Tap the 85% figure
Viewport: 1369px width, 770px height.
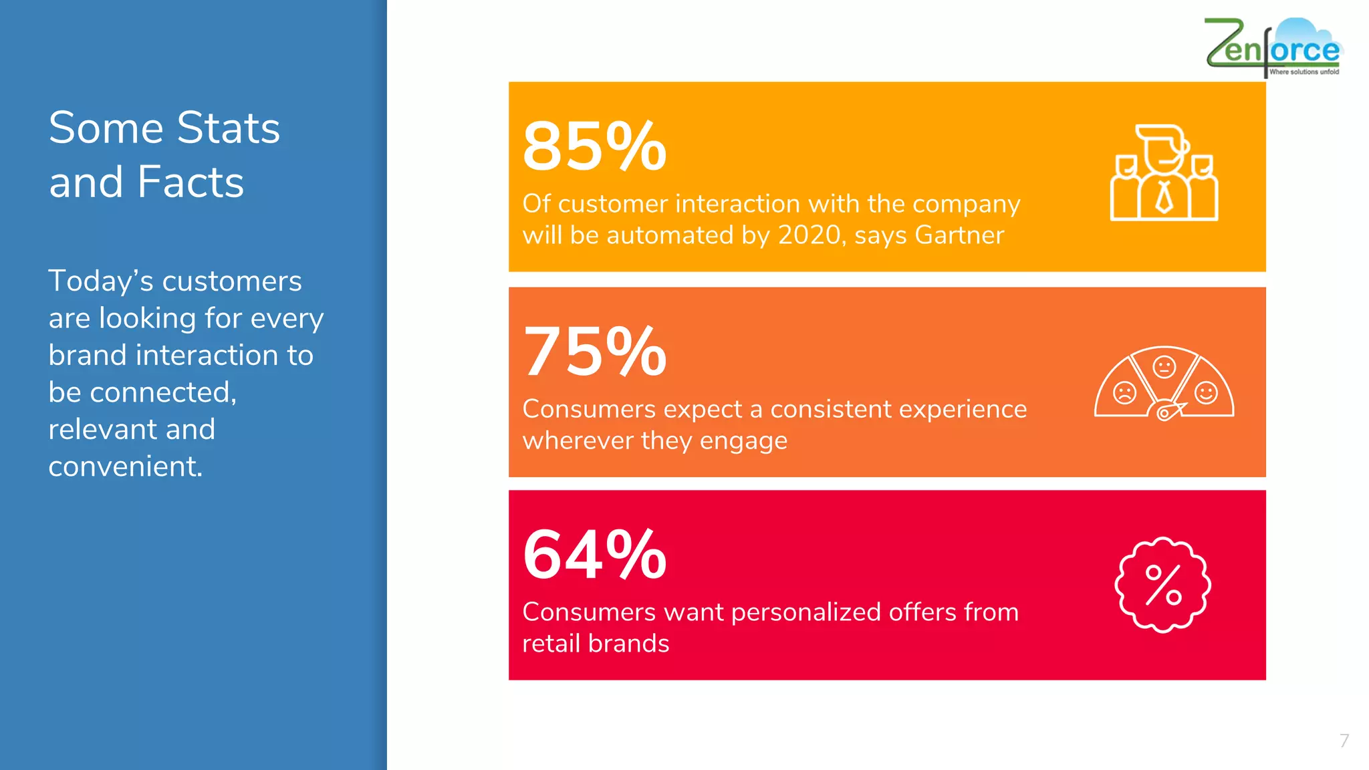(x=594, y=146)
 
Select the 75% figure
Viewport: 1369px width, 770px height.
(x=594, y=352)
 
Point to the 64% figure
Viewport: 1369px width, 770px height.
(x=594, y=555)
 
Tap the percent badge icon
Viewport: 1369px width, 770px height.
(x=1163, y=585)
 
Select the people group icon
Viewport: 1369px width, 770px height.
(x=1164, y=173)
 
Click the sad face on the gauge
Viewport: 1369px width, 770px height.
(x=1124, y=392)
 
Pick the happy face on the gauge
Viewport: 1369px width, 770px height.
(x=1206, y=392)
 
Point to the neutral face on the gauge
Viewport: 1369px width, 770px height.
(x=1164, y=367)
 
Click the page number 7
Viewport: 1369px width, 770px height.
(x=1344, y=741)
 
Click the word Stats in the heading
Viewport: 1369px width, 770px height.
(x=228, y=128)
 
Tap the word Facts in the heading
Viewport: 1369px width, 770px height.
(x=191, y=182)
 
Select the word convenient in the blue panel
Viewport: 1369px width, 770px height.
(x=125, y=467)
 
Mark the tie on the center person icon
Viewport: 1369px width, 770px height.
(x=1164, y=197)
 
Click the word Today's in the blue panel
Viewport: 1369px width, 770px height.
(x=101, y=281)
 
